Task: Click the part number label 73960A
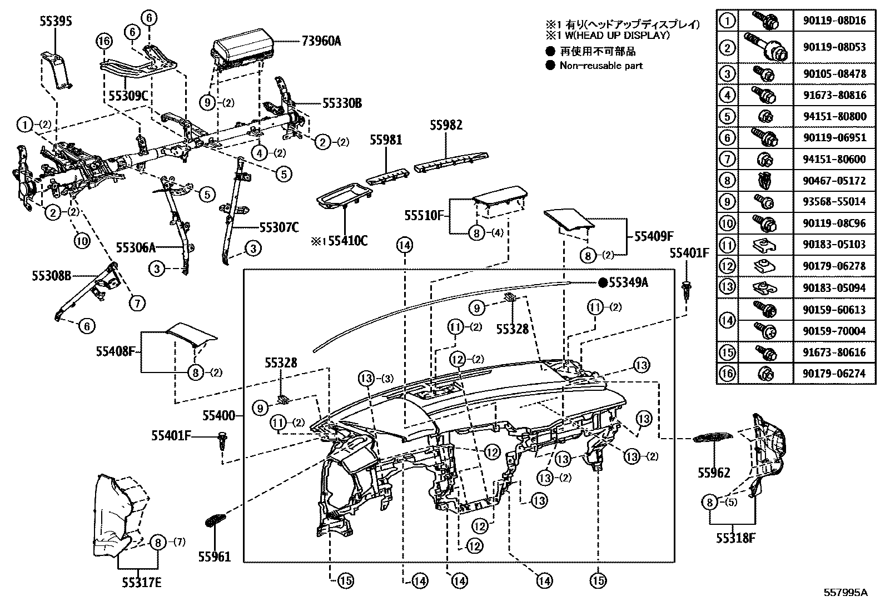(x=321, y=41)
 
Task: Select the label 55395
(x=56, y=22)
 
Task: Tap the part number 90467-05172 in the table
(x=834, y=181)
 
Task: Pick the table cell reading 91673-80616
(x=834, y=352)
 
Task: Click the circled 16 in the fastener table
(x=727, y=374)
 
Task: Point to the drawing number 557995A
(x=845, y=593)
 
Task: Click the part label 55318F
(x=732, y=538)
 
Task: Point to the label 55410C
(x=347, y=241)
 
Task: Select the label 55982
(x=445, y=125)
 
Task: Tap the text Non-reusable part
(x=601, y=66)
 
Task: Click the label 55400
(x=219, y=415)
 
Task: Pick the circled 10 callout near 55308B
(x=82, y=241)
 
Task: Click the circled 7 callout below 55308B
(x=137, y=303)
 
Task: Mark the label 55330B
(x=342, y=102)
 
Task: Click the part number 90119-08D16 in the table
(x=834, y=21)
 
